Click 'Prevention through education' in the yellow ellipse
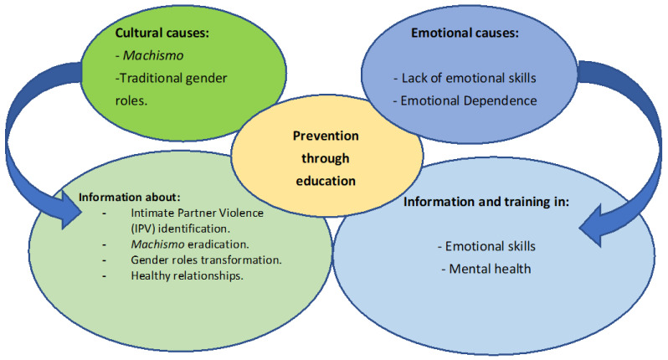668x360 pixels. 326,157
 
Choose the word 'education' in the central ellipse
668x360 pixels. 326,178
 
